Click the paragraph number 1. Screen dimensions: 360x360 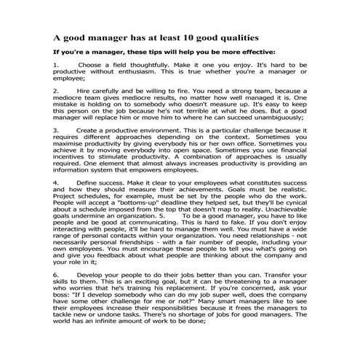pos(56,65)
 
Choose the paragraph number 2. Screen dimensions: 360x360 pos(56,92)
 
